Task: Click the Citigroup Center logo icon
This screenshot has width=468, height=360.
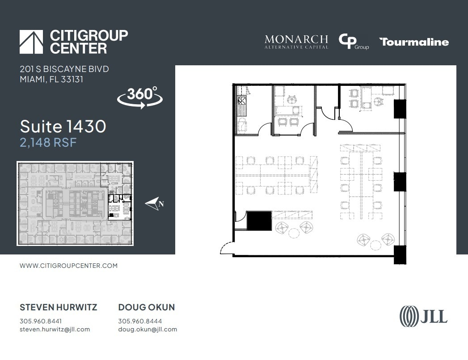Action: pos(31,42)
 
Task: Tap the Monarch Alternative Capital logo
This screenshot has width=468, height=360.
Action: pos(296,42)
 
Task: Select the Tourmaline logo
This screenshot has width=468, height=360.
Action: pos(414,42)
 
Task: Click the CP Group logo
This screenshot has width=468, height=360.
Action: pos(353,42)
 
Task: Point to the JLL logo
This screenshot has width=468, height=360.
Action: pos(423,316)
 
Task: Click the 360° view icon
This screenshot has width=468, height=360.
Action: pos(139,97)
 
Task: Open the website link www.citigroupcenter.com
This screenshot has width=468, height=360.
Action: pos(68,266)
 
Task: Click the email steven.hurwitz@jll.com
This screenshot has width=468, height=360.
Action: pos(55,330)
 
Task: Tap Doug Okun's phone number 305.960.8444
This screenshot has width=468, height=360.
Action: pos(140,321)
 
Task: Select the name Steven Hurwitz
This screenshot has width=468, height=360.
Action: pos(58,307)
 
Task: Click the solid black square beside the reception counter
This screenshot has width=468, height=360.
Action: pos(259,221)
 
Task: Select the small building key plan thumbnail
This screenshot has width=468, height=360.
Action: pos(75,203)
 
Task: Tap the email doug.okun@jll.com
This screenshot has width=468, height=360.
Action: pos(148,330)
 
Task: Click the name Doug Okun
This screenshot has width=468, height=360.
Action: pos(146,307)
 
